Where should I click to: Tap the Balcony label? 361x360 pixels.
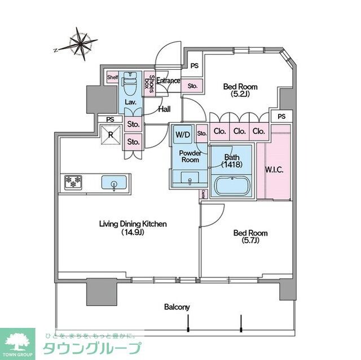[177, 307]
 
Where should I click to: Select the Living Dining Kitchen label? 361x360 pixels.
[133, 228]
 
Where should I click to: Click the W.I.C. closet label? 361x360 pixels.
[274, 169]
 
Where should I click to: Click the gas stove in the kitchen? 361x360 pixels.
[74, 182]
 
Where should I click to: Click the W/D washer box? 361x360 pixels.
[183, 135]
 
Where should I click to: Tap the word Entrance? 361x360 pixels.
[168, 81]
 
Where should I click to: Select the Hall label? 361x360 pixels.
[165, 110]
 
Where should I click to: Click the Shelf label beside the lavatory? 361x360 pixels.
[113, 77]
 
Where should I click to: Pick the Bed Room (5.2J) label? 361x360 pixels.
[240, 90]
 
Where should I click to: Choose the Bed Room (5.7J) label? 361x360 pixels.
[250, 237]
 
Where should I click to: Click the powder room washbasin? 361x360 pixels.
[190, 180]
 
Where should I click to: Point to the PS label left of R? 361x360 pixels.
[110, 119]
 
